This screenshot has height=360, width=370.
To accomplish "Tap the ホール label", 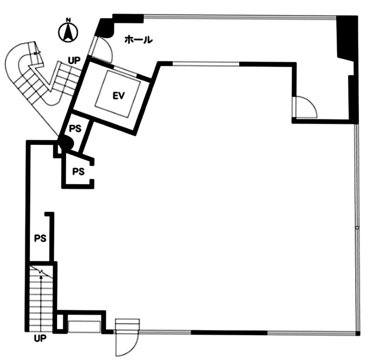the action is tap(139, 40).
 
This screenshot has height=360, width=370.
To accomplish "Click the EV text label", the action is tap(118, 96).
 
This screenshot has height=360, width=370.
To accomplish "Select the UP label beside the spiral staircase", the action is tap(74, 61).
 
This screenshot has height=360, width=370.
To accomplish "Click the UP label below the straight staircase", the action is tap(40, 338).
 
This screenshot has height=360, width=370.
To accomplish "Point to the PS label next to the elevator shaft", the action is tap(75, 128).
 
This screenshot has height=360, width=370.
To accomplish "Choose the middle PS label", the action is tap(79, 171).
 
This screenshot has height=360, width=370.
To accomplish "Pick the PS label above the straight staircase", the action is tap(40, 238).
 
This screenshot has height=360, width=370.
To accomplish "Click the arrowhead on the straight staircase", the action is tap(41, 277).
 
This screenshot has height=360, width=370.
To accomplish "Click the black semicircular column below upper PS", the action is tap(67, 144).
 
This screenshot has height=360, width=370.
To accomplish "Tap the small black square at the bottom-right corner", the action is tap(358, 333).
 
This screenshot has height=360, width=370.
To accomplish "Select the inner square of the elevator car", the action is tap(118, 94).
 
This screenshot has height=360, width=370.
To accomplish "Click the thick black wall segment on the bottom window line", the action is tap(229, 333).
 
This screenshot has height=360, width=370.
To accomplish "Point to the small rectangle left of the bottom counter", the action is tap(60, 321).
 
